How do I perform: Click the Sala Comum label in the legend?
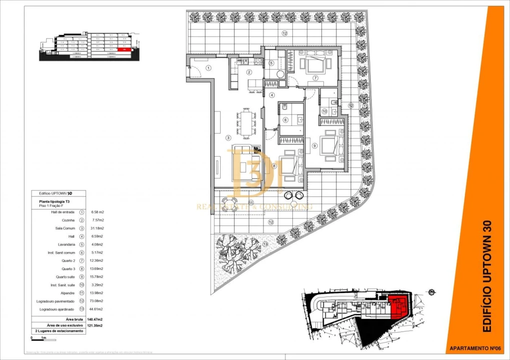[66, 228]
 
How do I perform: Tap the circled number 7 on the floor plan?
[315, 78]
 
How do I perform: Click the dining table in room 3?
[246, 123]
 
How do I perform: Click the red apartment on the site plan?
[398, 306]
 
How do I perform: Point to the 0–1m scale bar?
[39, 338]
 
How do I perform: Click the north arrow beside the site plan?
[431, 292]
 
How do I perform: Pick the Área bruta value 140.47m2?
[94, 319]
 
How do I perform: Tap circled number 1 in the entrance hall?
[208, 67]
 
